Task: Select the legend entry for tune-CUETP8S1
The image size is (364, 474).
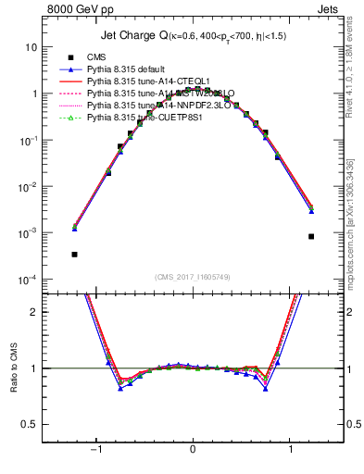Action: (x=139, y=118)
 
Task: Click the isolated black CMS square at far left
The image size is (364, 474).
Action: (x=74, y=254)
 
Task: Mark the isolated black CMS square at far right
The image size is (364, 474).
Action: (x=311, y=236)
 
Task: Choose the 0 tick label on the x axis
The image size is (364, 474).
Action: (x=193, y=449)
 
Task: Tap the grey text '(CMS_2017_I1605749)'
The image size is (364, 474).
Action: (x=193, y=277)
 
